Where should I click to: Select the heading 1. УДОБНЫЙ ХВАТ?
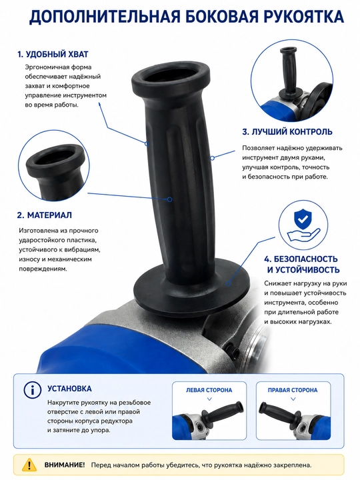click(53, 55)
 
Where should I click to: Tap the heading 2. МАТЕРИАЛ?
click(45, 215)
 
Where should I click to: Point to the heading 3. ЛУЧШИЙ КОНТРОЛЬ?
click(287, 132)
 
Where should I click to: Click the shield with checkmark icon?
click(303, 219)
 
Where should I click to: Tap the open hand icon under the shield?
click(303, 236)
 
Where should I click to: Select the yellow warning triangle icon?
click(29, 465)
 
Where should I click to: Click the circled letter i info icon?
click(32, 390)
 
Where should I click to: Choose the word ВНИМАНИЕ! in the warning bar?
click(64, 465)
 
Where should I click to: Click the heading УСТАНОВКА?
click(69, 389)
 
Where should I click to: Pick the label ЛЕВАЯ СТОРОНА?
click(209, 390)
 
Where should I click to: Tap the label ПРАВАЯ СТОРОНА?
click(293, 390)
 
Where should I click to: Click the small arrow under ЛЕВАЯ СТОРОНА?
click(210, 399)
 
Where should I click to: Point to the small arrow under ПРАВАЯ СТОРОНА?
click(293, 399)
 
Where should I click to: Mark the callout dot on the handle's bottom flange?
click(228, 283)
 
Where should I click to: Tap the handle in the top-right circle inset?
click(289, 73)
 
